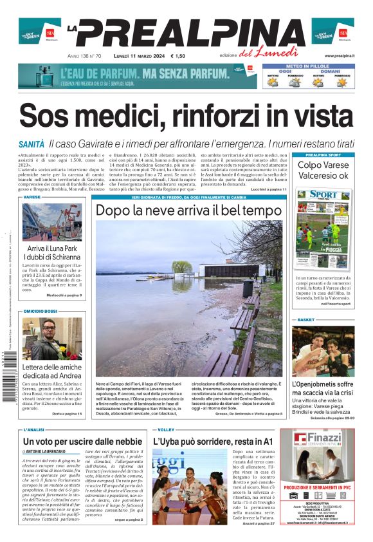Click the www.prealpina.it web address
[x=339, y=57]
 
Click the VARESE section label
[x=32, y=197]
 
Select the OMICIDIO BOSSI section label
[x=42, y=311]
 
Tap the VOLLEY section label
[x=166, y=429]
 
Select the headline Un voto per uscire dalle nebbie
[x=82, y=442]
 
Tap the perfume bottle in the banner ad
[x=48, y=76]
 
